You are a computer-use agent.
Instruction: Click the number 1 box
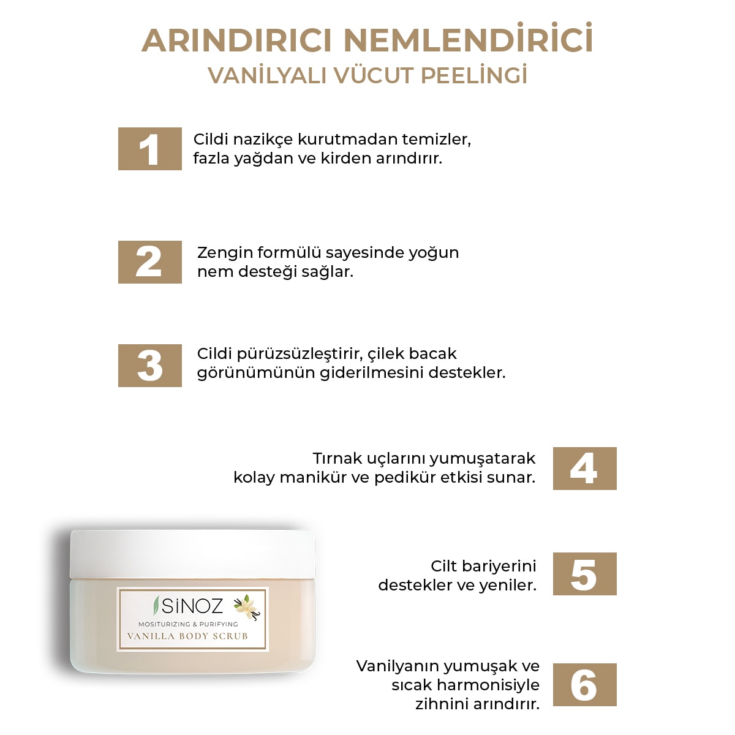(149, 149)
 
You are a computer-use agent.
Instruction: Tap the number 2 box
(149, 262)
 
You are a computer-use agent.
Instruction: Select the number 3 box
(149, 366)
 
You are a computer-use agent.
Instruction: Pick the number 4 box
(584, 469)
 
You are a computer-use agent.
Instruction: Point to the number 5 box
(584, 574)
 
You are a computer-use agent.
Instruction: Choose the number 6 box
(584, 685)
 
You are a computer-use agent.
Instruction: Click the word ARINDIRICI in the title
(236, 41)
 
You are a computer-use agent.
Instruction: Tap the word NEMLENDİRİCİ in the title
(468, 41)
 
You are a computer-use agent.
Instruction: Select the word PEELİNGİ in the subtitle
(474, 76)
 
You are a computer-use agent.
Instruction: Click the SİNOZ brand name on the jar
(192, 606)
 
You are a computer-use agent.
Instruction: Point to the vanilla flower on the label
(247, 606)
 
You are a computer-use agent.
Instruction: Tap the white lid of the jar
(193, 554)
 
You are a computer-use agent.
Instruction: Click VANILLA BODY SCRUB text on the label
(187, 636)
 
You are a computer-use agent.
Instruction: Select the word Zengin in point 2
(224, 253)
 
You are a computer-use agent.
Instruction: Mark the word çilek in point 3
(386, 354)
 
